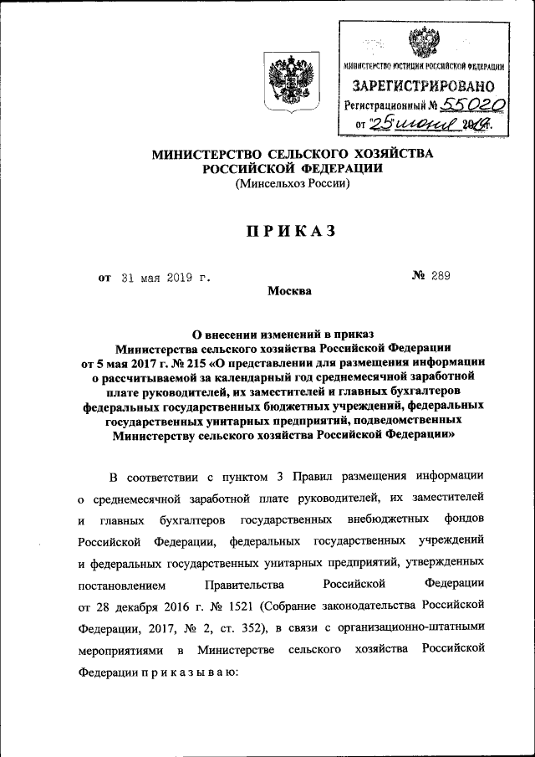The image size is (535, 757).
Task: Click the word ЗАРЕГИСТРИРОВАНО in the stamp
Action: point(424,85)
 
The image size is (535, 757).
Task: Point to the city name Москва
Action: point(289,291)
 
